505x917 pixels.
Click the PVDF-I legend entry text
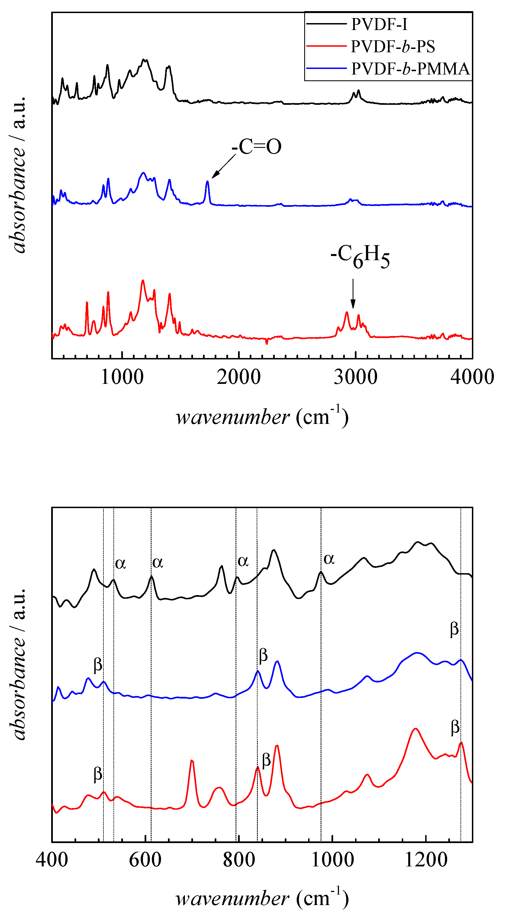click(379, 24)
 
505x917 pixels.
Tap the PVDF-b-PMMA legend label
click(410, 69)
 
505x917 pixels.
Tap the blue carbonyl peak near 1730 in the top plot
click(207, 182)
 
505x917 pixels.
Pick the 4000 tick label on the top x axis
click(472, 377)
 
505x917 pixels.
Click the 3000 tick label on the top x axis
click(355, 377)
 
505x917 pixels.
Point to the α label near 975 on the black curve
click(329, 559)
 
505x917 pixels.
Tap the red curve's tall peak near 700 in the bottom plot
click(192, 761)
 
